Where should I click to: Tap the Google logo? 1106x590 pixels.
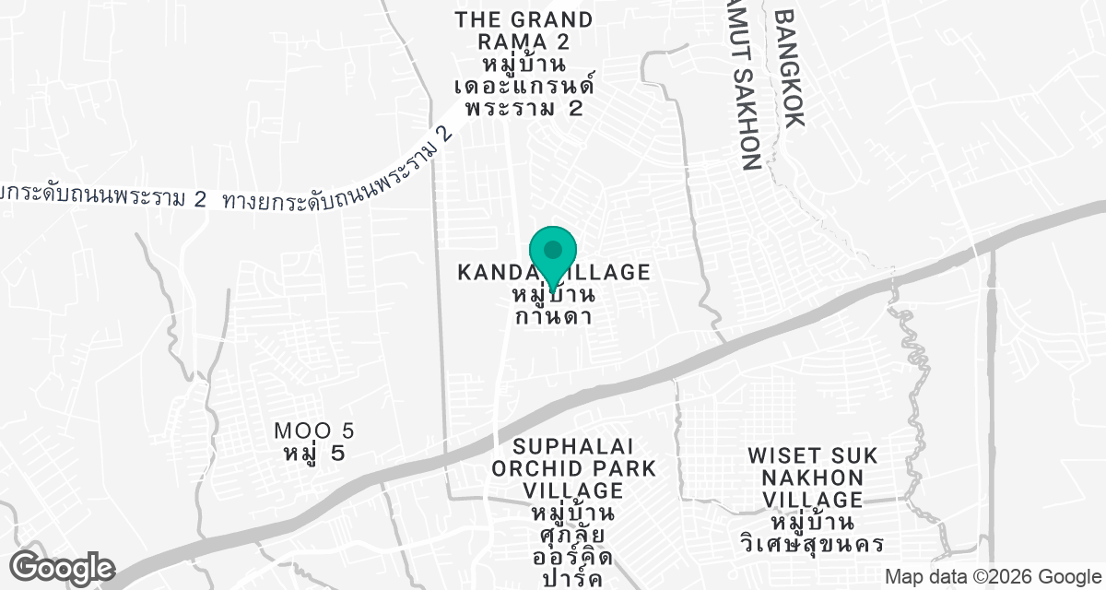pyautogui.click(x=63, y=567)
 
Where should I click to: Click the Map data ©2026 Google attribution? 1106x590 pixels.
pyautogui.click(x=994, y=576)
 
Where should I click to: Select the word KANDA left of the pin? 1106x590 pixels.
pyautogui.click(x=491, y=273)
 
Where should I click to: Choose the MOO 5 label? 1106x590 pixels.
pyautogui.click(x=314, y=431)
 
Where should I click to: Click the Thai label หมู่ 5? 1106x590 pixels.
pyautogui.click(x=314, y=454)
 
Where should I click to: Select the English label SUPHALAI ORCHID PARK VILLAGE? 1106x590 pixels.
pyautogui.click(x=573, y=468)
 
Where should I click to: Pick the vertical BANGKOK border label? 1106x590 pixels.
pyautogui.click(x=791, y=68)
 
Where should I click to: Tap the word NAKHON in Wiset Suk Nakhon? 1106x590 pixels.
pyautogui.click(x=812, y=478)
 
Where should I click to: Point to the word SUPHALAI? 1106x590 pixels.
pyautogui.click(x=573, y=446)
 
